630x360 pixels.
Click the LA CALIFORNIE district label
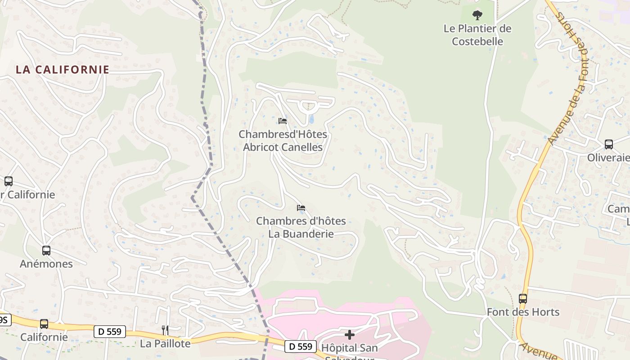(x=63, y=70)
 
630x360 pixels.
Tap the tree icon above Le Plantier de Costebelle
(x=477, y=15)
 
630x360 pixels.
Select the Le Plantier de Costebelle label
(x=477, y=35)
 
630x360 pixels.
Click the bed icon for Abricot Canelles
(x=283, y=121)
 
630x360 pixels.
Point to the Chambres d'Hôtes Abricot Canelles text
(x=283, y=141)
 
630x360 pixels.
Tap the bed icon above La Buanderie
(x=301, y=207)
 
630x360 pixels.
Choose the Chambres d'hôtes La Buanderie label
(x=301, y=227)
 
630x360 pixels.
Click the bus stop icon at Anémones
(x=46, y=250)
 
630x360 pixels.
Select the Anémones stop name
(x=46, y=264)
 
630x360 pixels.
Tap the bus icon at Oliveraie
(x=608, y=144)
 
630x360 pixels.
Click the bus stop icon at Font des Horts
(x=522, y=298)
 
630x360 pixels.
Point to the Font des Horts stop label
(x=523, y=312)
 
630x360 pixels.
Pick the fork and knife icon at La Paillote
(x=165, y=330)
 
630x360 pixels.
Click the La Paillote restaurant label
(x=165, y=344)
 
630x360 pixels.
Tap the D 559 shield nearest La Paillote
(x=110, y=332)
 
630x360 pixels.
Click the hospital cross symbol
(x=349, y=335)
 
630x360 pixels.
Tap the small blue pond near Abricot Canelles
(x=310, y=119)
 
